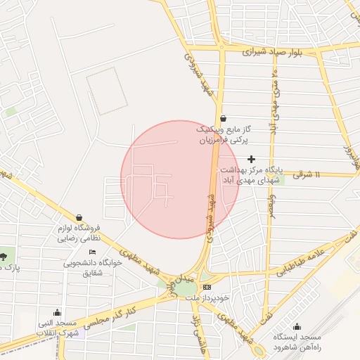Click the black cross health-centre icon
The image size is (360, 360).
tap(251, 160)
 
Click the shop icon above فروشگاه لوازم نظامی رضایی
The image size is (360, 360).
tap(79, 218)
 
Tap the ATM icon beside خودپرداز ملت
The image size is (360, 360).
tap(207, 288)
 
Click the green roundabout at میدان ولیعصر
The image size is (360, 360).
tap(185, 288)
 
